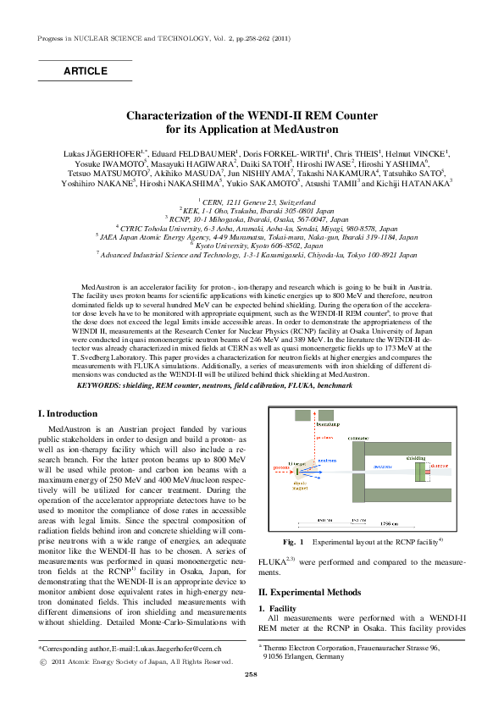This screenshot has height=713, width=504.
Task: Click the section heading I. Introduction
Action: (69, 414)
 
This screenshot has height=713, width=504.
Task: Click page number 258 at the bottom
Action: (251, 698)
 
